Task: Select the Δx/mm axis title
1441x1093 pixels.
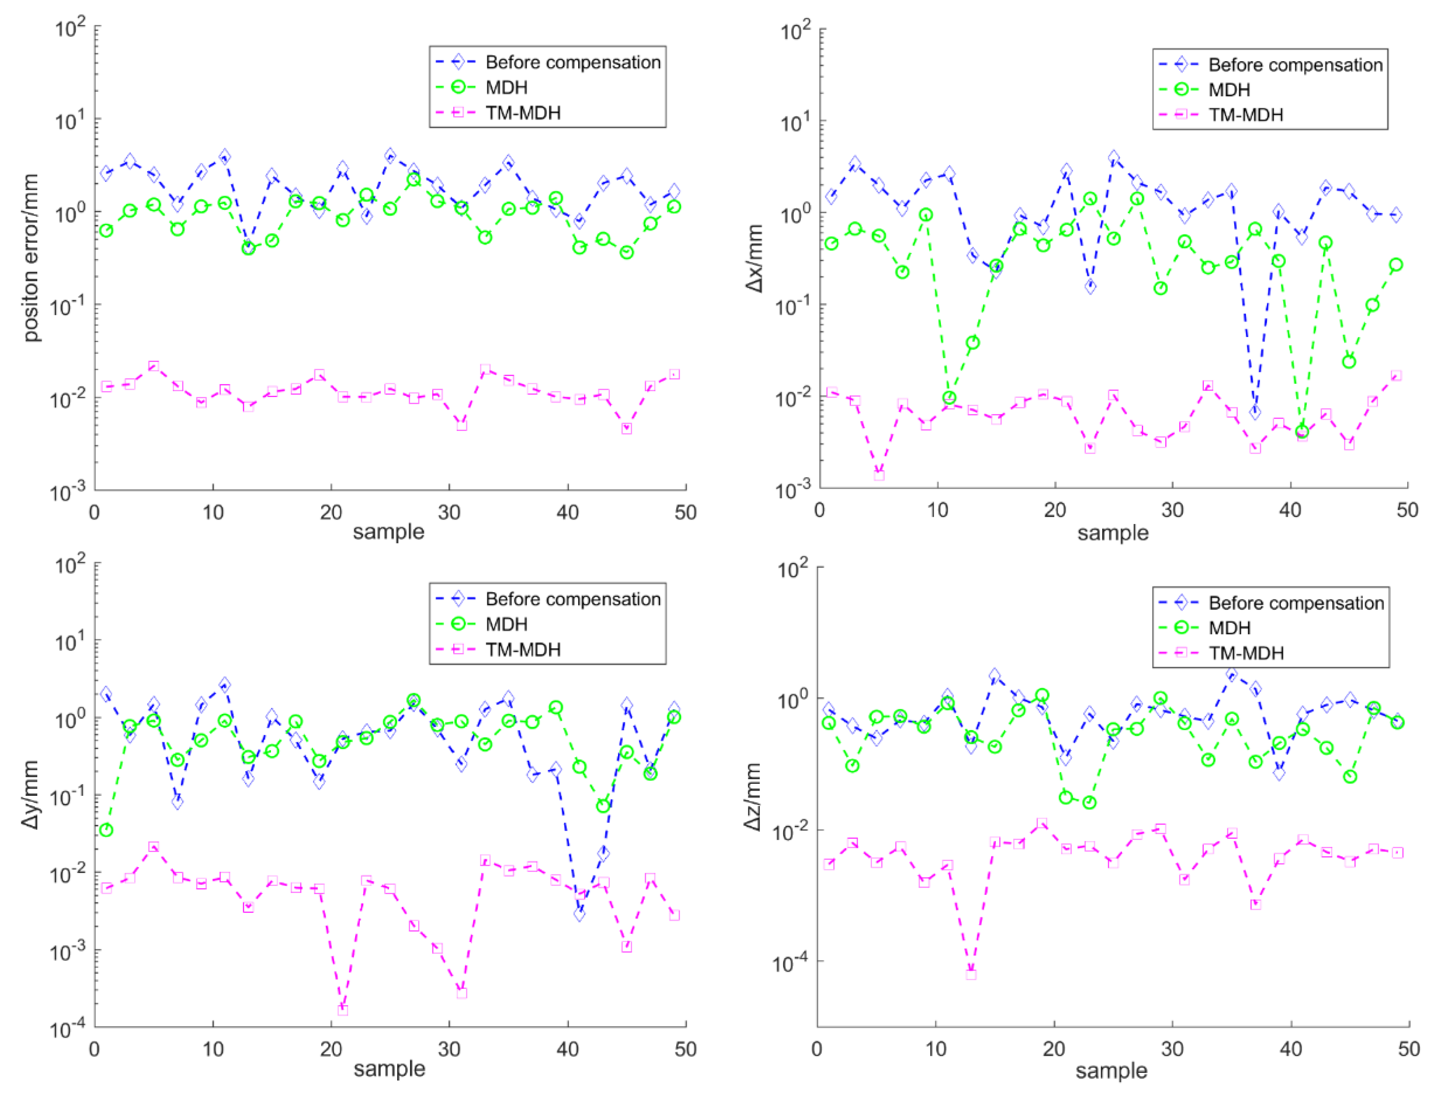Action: click(754, 258)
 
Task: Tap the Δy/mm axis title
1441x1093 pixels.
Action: click(30, 795)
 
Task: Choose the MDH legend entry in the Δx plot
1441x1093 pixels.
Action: click(1229, 89)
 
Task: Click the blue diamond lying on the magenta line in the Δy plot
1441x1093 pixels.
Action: click(579, 914)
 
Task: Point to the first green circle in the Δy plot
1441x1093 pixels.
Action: click(106, 830)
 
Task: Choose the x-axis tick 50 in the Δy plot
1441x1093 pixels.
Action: click(685, 1049)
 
